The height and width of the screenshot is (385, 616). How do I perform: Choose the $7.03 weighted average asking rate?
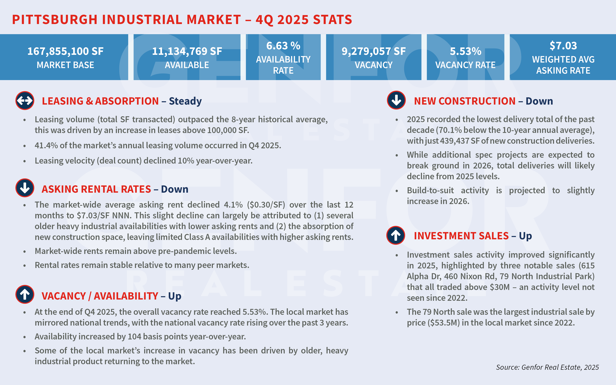click(563, 46)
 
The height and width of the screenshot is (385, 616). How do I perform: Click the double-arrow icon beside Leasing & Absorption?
click(25, 101)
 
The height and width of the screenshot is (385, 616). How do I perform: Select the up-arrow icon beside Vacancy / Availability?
click(25, 294)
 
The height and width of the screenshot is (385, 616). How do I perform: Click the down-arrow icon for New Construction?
click(396, 100)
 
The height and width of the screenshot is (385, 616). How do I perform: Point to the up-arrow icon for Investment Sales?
click(396, 235)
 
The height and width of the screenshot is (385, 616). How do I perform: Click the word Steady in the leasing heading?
click(185, 101)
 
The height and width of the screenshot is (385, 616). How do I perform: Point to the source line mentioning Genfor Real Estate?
click(547, 367)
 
